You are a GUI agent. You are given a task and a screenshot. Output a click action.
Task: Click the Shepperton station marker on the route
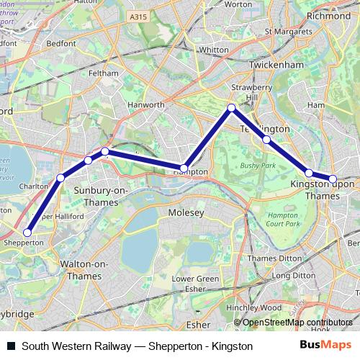[x=28, y=232]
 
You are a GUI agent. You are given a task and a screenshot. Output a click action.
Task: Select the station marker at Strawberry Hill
[x=231, y=108]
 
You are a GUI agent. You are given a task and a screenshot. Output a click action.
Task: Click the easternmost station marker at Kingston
[x=333, y=179]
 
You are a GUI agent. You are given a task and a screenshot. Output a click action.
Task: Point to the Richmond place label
[x=328, y=14]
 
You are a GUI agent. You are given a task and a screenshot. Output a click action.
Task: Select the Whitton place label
[x=212, y=50]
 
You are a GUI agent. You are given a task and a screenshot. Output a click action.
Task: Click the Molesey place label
[x=186, y=213]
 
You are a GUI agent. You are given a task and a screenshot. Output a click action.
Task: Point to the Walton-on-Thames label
[x=85, y=270]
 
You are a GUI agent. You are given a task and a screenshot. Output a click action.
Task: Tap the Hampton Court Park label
[x=282, y=220]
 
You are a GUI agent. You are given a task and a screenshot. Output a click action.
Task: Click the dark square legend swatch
[x=11, y=346]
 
